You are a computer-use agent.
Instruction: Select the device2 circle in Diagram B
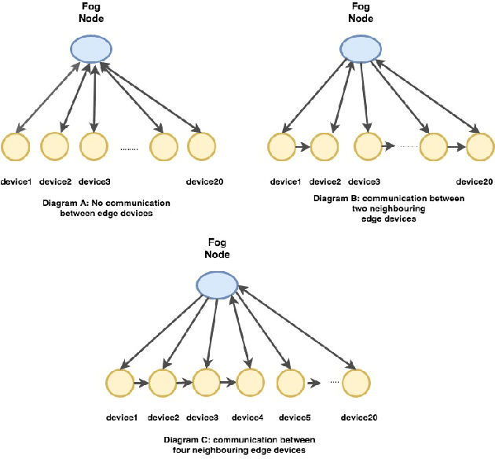[x=324, y=146]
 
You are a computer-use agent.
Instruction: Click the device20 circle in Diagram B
[x=481, y=146]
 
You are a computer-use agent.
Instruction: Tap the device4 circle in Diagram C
[x=251, y=384]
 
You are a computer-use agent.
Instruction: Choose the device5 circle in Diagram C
[x=292, y=384]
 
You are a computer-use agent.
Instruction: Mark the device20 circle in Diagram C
[x=356, y=384]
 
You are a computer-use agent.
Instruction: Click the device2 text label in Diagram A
[x=55, y=182]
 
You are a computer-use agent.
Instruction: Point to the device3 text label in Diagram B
[x=363, y=182]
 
